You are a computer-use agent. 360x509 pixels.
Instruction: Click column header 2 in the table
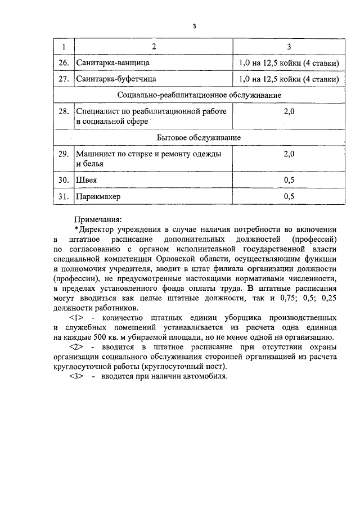click(x=153, y=46)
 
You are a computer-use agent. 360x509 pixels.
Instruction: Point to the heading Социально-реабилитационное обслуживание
click(x=200, y=95)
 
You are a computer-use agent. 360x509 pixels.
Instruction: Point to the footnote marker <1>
click(x=76, y=318)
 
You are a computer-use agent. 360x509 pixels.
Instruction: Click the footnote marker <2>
click(x=76, y=347)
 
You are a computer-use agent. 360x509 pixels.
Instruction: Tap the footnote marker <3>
click(x=76, y=376)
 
